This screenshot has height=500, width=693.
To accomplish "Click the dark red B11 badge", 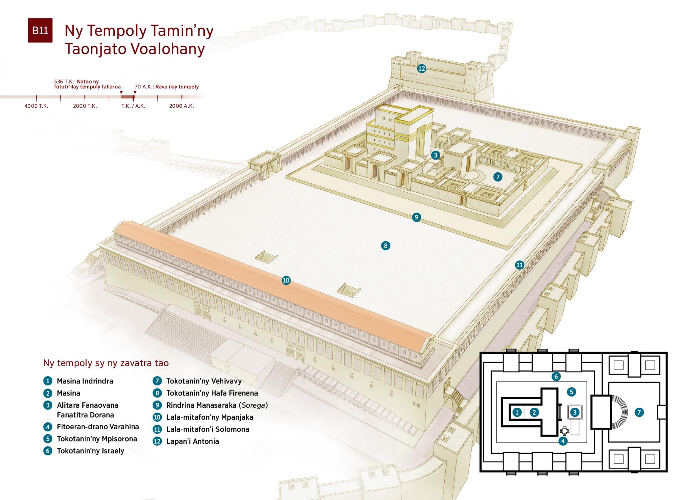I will coord(40,30).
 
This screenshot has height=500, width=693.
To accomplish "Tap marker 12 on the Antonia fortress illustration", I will coord(422,68).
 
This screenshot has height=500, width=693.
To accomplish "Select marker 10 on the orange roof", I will coord(286,280).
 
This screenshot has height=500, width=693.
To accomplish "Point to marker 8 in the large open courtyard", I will coord(385,246).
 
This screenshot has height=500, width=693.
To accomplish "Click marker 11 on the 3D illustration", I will coord(520,265).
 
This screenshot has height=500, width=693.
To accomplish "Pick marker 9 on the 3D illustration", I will coord(416,217).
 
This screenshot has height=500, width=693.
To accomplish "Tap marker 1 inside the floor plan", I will coord(517,412).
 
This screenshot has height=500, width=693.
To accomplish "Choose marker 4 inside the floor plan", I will coord(563,441).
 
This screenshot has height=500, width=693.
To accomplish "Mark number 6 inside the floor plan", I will coord(556,377).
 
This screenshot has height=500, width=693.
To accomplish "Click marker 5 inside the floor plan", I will coord(571,392).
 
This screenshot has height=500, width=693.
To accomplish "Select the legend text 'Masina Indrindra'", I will coord(85,381).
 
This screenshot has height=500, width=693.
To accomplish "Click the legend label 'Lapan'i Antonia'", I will coord(192,442).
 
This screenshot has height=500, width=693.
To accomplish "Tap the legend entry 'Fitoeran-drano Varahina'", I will coord(98,427).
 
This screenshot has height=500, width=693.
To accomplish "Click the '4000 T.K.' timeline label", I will coord(36,106).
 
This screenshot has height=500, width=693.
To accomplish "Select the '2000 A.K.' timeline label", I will coord(181,106).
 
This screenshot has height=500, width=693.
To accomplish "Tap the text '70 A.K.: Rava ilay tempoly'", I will coord(167,87).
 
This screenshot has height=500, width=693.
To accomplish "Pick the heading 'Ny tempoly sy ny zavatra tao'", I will coord(106,363).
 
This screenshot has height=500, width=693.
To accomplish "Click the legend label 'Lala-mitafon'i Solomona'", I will coord(208,430).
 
